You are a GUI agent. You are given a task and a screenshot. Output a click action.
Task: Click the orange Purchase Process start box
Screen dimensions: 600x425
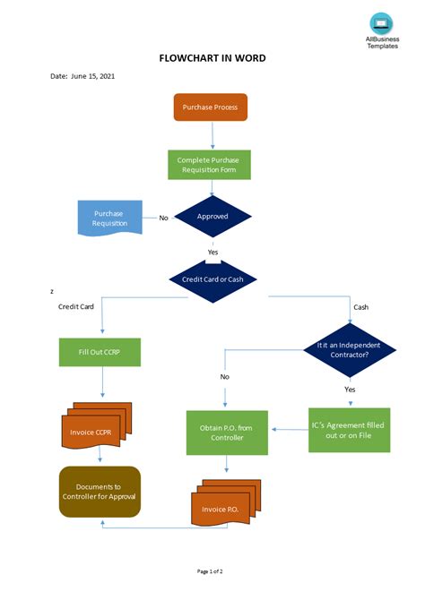(210, 107)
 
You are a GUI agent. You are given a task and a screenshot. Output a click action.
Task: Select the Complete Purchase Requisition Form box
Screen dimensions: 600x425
(209, 164)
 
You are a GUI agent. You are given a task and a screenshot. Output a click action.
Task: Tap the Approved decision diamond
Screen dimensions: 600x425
(212, 217)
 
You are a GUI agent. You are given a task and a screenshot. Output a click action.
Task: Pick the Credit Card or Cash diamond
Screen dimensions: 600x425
(212, 279)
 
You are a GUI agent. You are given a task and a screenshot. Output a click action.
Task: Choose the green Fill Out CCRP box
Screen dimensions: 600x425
(100, 352)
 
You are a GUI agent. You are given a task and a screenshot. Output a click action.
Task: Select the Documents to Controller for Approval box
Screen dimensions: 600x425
(100, 491)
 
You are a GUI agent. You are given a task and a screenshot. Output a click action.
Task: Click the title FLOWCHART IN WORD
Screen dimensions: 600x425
(212, 58)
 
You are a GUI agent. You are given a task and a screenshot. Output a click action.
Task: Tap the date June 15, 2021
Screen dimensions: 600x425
(82, 76)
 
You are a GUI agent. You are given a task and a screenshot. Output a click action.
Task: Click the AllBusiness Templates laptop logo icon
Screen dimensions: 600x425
(381, 23)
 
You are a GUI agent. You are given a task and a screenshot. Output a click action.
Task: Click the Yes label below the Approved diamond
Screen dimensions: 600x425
(212, 253)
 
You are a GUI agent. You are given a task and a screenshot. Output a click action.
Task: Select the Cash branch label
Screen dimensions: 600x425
(360, 307)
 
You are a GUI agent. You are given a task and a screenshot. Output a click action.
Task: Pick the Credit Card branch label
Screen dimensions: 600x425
(76, 307)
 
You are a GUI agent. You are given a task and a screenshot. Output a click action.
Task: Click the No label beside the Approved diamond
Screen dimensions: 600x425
(163, 218)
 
